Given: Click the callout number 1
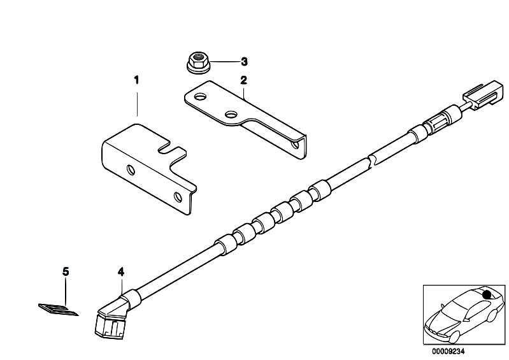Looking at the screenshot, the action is (137, 80).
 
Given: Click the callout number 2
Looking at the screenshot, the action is (243, 80).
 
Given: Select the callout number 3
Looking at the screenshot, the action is (244, 61).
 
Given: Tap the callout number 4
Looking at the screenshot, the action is (121, 271).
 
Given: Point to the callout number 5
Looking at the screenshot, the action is (66, 271).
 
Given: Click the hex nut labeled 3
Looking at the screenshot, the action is (199, 62).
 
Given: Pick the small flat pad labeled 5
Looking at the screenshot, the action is (59, 310).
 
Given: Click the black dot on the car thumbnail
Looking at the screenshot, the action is (486, 294).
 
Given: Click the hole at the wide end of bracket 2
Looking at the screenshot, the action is (201, 97).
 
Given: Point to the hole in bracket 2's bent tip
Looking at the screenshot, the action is (296, 144).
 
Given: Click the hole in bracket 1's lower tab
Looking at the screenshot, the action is (178, 197).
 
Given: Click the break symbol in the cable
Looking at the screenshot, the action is (371, 161).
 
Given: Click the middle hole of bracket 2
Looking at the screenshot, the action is (231, 114).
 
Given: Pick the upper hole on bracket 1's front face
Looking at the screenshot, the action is (131, 170).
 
